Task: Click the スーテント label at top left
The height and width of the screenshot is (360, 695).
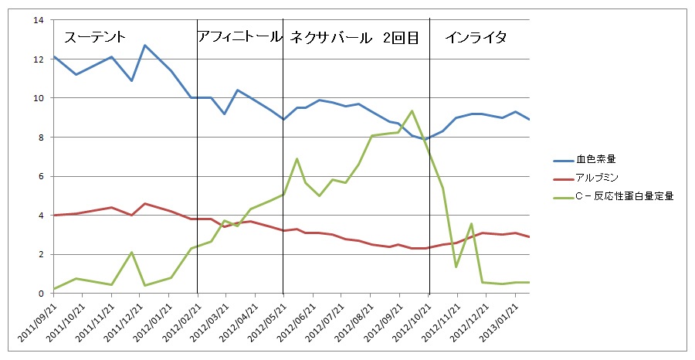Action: pyautogui.click(x=95, y=37)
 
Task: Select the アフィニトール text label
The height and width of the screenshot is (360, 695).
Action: pyautogui.click(x=239, y=36)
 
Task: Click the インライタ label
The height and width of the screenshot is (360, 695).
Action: pyautogui.click(x=476, y=37)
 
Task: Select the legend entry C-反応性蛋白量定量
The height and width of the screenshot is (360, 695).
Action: pyautogui.click(x=625, y=196)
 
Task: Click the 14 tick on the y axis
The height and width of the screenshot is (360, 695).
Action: pyautogui.click(x=38, y=20)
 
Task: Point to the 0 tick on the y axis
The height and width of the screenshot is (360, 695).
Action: pyautogui.click(x=40, y=294)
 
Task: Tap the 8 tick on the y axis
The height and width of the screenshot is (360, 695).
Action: pyautogui.click(x=40, y=138)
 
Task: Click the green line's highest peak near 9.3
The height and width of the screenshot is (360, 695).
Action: pyautogui.click(x=412, y=111)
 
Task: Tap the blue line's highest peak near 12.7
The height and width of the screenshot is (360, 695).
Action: pyautogui.click(x=145, y=45)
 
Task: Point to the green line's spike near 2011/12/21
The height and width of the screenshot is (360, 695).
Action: pyautogui.click(x=132, y=253)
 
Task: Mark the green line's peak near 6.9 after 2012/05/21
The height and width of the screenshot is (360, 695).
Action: pyautogui.click(x=297, y=158)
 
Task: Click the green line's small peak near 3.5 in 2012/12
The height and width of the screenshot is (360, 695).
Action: pyautogui.click(x=471, y=224)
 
